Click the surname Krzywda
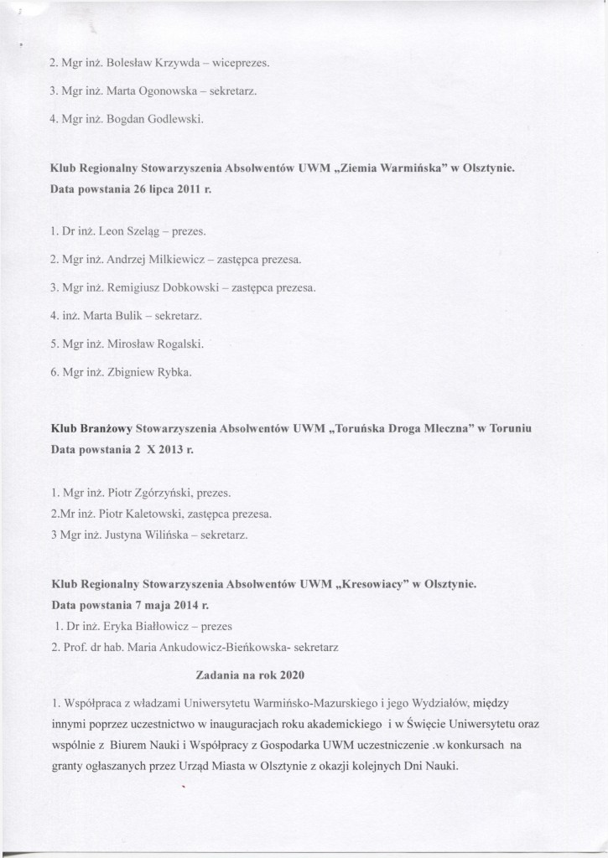pyautogui.click(x=171, y=62)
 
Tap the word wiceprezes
pyautogui.click(x=239, y=62)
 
